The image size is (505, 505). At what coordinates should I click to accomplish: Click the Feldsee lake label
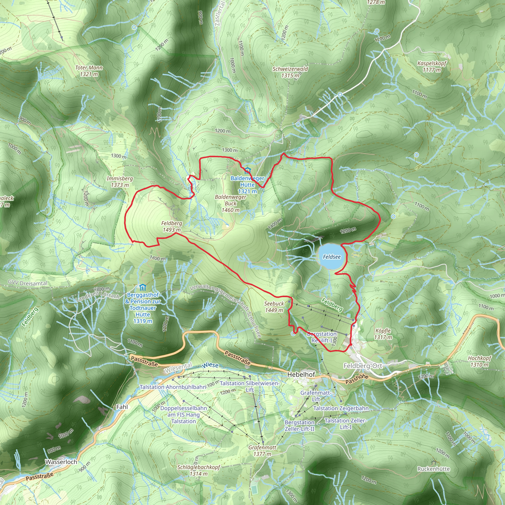point(332,257)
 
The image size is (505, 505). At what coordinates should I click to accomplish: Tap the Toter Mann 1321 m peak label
point(89,71)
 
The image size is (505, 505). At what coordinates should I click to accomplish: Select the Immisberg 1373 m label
point(120,182)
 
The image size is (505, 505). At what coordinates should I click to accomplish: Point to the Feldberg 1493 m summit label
point(171,226)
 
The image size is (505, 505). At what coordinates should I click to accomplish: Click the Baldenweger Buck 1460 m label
point(230,203)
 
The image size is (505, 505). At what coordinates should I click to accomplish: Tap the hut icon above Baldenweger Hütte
point(247,171)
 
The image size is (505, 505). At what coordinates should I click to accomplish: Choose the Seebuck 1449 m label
point(274,307)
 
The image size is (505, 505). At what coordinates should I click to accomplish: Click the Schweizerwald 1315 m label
point(290,72)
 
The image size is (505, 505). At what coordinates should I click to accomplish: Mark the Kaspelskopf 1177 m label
point(432,66)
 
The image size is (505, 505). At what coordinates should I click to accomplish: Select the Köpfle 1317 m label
point(383,334)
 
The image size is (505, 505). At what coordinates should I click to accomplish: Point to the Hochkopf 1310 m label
point(480,361)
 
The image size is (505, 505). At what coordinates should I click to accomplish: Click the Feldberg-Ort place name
point(363,366)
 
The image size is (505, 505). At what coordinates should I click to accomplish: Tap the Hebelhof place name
point(301,374)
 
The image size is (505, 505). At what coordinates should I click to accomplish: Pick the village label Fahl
point(122,407)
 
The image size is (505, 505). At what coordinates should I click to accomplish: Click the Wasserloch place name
point(61,462)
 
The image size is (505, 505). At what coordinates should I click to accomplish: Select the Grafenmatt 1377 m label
point(262,451)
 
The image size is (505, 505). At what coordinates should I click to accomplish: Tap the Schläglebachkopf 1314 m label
point(199,470)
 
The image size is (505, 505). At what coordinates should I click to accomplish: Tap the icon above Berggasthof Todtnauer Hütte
point(143,288)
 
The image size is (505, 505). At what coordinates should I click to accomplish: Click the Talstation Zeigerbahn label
point(341,408)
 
